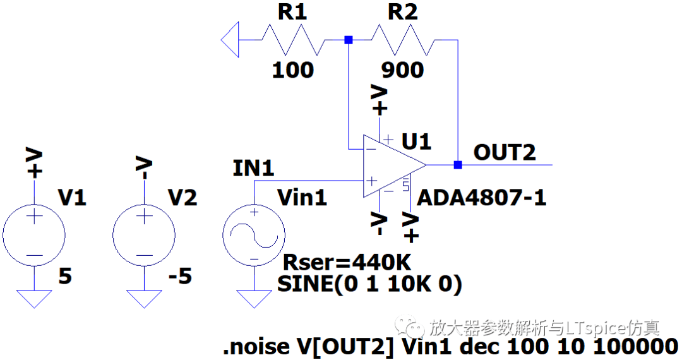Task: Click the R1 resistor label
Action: tap(292, 13)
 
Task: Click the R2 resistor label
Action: tap(402, 13)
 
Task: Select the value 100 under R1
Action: tap(292, 69)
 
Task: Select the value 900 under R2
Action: tap(402, 69)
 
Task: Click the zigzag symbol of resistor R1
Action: tap(294, 40)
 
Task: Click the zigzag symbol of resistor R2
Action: tap(402, 40)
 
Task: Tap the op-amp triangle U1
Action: tap(392, 165)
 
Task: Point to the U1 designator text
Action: tap(416, 141)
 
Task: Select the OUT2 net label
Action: tap(505, 152)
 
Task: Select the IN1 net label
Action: tap(253, 169)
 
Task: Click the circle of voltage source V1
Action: tap(34, 234)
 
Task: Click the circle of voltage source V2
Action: tap(144, 234)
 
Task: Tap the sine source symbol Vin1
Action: tap(254, 234)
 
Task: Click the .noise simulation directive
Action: tap(450, 347)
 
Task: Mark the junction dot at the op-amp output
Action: tap(458, 165)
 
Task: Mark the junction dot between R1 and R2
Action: tap(348, 40)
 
